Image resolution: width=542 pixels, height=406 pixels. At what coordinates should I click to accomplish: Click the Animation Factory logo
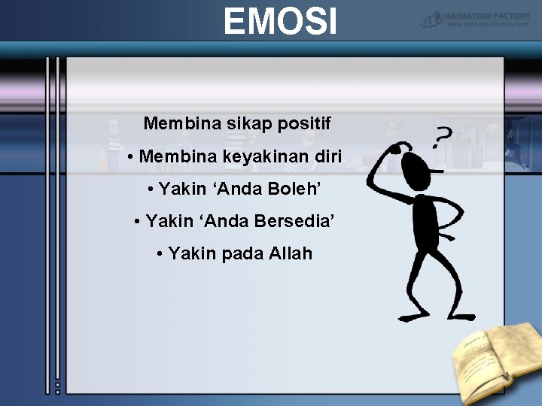click(476, 16)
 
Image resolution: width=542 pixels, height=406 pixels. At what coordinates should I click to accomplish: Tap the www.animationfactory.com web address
click(489, 24)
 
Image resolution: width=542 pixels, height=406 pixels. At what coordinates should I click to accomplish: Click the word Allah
click(290, 254)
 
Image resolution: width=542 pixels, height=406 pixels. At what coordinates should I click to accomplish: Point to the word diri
click(330, 157)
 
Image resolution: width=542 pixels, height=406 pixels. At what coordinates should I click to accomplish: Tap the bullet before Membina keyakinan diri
click(131, 158)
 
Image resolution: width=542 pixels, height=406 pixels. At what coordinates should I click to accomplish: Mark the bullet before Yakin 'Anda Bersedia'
click(138, 223)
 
